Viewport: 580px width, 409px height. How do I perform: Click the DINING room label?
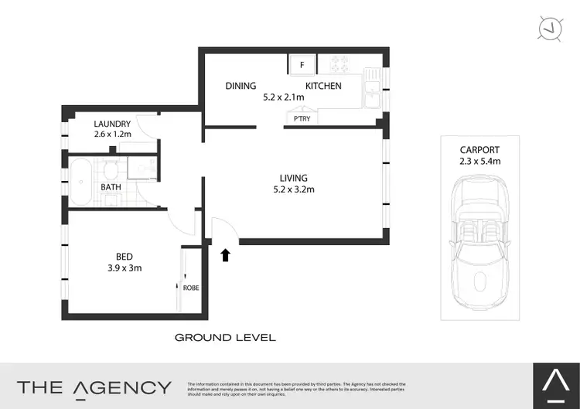(241, 86)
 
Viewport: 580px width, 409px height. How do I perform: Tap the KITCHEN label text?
(323, 86)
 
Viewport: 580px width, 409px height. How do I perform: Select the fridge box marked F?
(302, 65)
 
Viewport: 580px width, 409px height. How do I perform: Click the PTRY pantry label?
(301, 120)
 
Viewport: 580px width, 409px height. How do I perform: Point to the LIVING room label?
(294, 178)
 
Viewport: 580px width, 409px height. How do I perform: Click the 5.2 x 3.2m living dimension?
(294, 189)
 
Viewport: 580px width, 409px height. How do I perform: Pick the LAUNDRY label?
(112, 124)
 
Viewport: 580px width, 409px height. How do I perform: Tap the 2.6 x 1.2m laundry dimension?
(112, 135)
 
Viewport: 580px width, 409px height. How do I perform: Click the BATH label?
(111, 186)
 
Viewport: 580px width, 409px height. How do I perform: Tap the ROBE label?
(190, 288)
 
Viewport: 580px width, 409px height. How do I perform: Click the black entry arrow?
(226, 255)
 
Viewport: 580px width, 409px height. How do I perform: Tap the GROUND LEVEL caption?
(225, 338)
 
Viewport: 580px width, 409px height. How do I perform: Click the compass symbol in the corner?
(550, 28)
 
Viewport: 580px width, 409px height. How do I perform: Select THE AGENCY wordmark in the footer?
(94, 387)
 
